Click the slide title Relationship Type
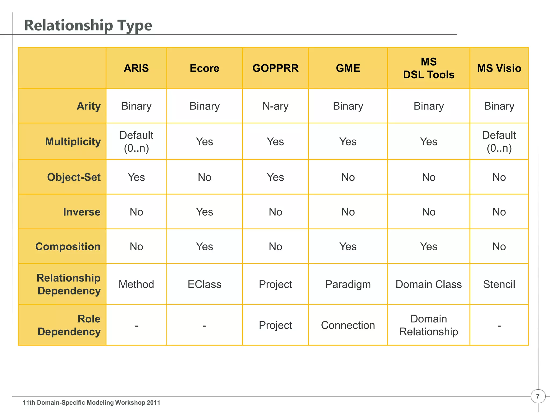88,26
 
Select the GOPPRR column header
275,68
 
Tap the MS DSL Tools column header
428,68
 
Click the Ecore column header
204,68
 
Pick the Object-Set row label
74,177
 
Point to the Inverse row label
82,212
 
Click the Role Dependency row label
69,325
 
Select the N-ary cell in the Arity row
275,106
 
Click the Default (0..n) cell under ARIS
136,142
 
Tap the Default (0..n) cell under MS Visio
499,142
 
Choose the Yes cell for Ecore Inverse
204,212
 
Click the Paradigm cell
348,284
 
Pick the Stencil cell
499,284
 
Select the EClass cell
204,284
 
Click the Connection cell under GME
348,325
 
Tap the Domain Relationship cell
428,325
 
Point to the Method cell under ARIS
136,284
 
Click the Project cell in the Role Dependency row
275,325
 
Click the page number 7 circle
538,396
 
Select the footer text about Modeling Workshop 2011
91,403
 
